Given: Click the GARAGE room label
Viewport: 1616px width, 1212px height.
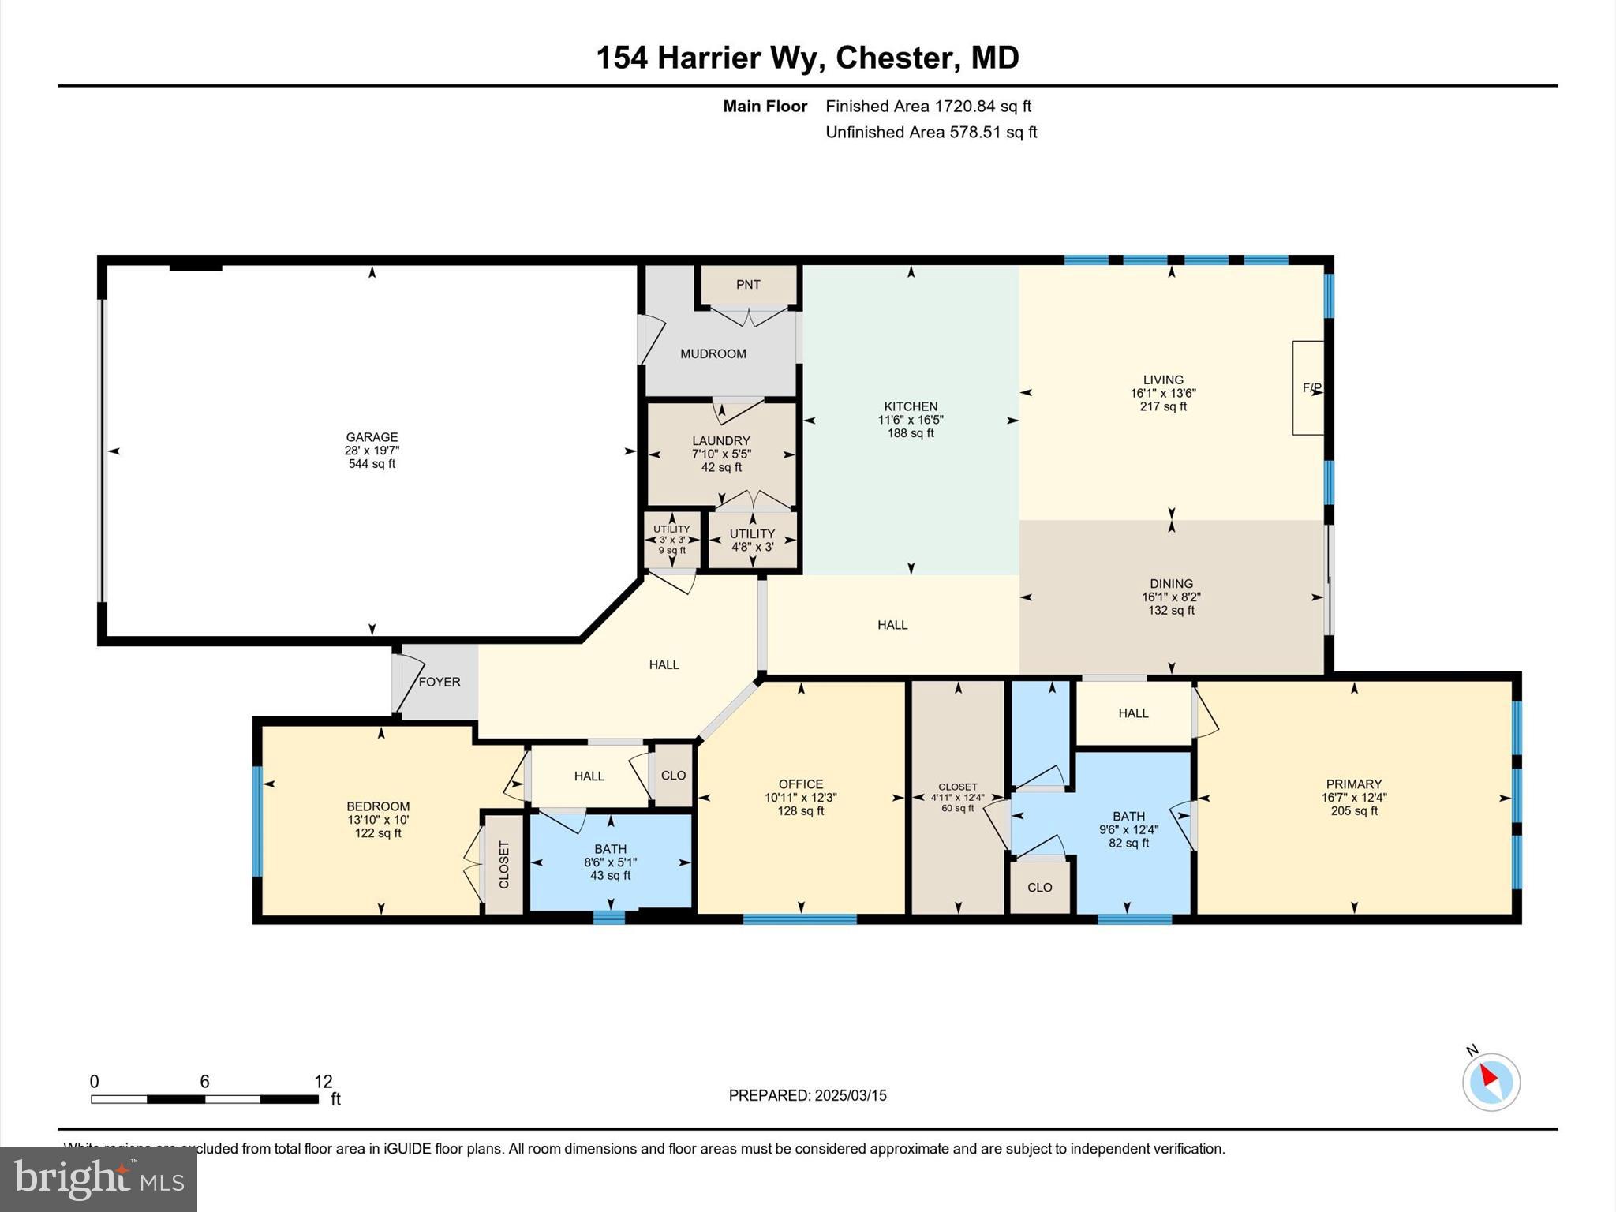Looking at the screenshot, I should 372,437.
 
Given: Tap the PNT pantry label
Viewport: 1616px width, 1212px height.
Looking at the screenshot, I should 748,285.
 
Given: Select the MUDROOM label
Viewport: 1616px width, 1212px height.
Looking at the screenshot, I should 713,354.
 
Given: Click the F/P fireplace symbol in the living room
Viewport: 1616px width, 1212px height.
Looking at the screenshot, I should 1311,387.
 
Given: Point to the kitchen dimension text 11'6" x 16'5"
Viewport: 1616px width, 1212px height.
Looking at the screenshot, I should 911,420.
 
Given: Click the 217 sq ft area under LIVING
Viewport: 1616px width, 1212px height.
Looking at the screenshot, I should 1163,407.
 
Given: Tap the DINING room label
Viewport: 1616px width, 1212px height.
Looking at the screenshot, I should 1171,584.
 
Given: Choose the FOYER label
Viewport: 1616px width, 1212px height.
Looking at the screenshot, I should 439,682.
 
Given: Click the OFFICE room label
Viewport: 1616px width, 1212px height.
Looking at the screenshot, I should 801,784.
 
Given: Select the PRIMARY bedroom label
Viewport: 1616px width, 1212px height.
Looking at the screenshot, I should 1354,784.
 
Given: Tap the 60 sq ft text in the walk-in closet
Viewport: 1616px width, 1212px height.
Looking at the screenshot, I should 958,808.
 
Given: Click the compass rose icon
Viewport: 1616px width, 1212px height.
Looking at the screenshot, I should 1491,1082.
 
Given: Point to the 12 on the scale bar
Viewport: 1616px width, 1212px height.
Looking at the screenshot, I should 324,1082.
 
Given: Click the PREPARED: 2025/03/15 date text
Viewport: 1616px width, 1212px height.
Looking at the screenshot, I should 807,1095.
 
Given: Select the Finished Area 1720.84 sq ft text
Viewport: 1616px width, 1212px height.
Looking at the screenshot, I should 928,107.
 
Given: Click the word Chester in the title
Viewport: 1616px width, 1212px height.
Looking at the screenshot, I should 893,58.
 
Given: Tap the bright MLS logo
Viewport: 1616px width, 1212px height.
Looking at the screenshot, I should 99,1179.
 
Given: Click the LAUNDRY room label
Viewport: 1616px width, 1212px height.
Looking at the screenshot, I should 721,441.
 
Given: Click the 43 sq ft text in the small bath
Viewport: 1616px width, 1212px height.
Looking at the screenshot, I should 610,876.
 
